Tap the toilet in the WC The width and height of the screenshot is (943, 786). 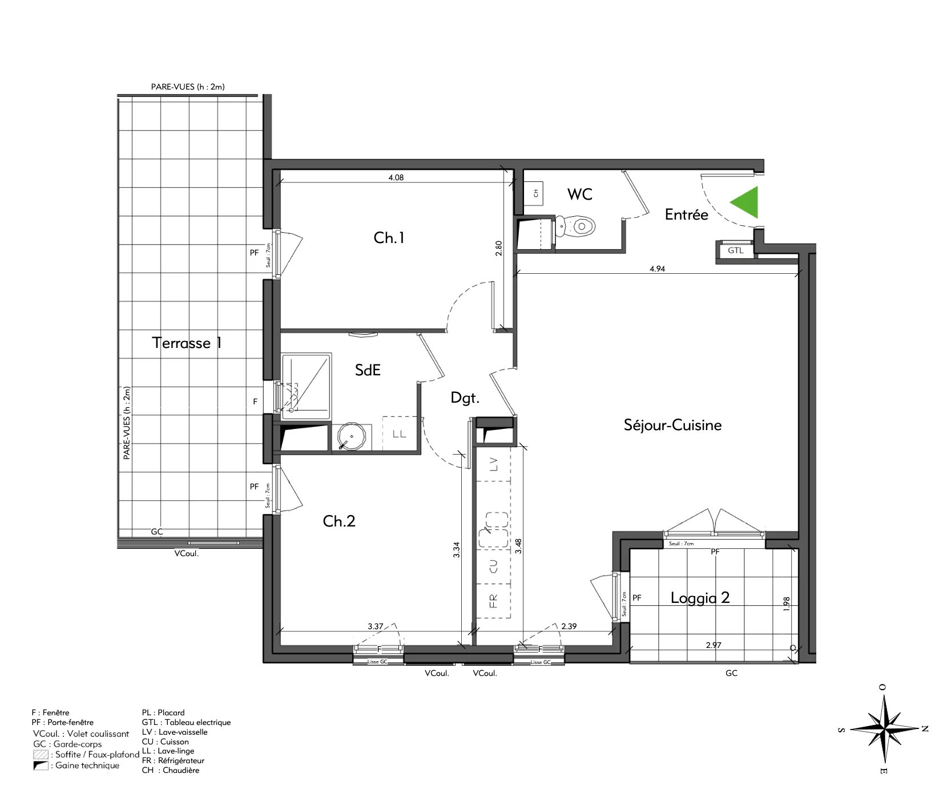[575, 227]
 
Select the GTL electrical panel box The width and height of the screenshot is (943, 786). [735, 250]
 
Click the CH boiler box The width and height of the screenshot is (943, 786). [535, 193]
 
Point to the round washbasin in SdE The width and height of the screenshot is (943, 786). [351, 437]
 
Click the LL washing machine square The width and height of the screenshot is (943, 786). [399, 433]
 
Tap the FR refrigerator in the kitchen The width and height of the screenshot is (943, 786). [494, 600]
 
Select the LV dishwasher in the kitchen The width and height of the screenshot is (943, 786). [494, 464]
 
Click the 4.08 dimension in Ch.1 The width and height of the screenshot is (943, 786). [396, 177]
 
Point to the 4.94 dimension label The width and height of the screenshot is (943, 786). [657, 269]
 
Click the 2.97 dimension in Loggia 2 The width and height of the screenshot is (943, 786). [714, 645]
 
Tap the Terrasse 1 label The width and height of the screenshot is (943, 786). [187, 343]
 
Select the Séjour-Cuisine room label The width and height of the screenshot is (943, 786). [672, 425]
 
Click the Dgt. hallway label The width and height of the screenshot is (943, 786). [465, 398]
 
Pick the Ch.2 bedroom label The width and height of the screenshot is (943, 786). [339, 521]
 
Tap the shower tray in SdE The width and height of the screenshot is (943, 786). [306, 384]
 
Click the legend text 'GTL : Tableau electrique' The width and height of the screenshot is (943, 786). [186, 722]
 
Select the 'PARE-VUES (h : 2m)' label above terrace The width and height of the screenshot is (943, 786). [188, 87]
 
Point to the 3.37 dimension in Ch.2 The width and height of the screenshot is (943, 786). [375, 626]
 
